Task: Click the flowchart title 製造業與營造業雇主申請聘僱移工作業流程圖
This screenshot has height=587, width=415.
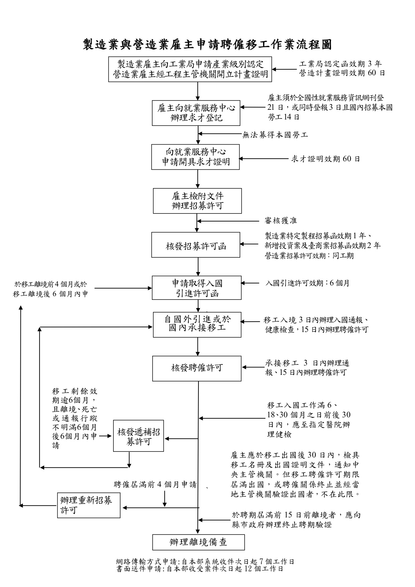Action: pos(207,44)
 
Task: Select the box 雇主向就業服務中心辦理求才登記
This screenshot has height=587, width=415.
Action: pos(196,113)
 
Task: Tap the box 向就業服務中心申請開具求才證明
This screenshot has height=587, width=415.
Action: pos(195,157)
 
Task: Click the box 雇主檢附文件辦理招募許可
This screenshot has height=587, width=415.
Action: pos(197,201)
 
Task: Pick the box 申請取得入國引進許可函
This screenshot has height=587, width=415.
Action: pos(197,288)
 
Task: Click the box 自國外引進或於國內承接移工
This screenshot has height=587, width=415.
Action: pos(197,325)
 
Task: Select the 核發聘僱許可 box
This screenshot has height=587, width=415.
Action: pos(197,368)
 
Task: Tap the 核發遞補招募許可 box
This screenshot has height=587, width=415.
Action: pos(139,436)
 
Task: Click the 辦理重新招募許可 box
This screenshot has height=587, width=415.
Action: pos(89,505)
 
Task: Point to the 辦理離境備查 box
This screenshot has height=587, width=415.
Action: pos(198,542)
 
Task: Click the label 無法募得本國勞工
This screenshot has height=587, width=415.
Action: pos(275,135)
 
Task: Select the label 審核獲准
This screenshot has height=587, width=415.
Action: pos(280,221)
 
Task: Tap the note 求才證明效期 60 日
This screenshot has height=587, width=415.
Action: pos(325,159)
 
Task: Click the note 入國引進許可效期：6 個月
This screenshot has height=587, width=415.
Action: pos(307,283)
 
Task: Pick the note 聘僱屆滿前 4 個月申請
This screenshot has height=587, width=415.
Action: pos(155,484)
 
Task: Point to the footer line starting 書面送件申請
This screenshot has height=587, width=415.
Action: pos(200,569)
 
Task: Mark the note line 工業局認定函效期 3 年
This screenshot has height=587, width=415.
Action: pos(340,64)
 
